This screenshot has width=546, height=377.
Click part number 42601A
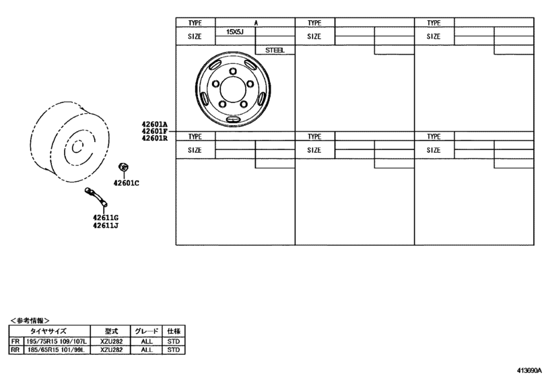pos(154,124)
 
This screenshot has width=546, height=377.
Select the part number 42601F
pos(154,131)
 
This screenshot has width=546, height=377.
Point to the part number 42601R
pos(154,138)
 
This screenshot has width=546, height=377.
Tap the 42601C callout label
pos(126,183)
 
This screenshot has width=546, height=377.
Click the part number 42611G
pos(106,218)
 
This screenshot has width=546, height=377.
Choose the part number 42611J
pos(106,226)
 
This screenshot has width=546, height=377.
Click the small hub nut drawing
pos(123,167)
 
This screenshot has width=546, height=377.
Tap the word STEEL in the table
pos(275,50)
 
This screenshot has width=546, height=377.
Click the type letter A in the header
pos(255,23)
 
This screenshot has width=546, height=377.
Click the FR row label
pos(14,342)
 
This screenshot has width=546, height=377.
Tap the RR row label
pos(14,350)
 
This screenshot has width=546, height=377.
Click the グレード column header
pos(146,332)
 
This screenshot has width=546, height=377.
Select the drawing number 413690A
pos(530,370)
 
